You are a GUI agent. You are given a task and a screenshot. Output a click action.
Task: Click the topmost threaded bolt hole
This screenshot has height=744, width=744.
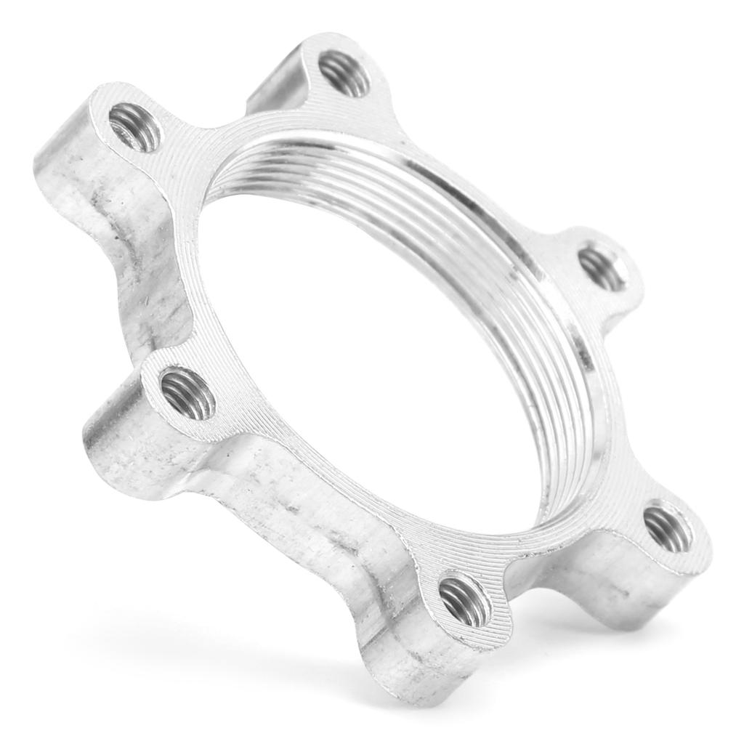[344, 73]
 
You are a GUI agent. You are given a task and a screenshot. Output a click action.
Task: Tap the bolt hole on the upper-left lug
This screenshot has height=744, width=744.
[135, 127]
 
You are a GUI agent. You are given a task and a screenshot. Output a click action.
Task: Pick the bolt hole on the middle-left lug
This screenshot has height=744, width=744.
[187, 393]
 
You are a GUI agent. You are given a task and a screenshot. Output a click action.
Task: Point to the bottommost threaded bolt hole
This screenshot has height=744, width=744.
[465, 599]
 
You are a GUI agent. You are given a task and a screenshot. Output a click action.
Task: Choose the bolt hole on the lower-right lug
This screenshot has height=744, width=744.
[668, 528]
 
